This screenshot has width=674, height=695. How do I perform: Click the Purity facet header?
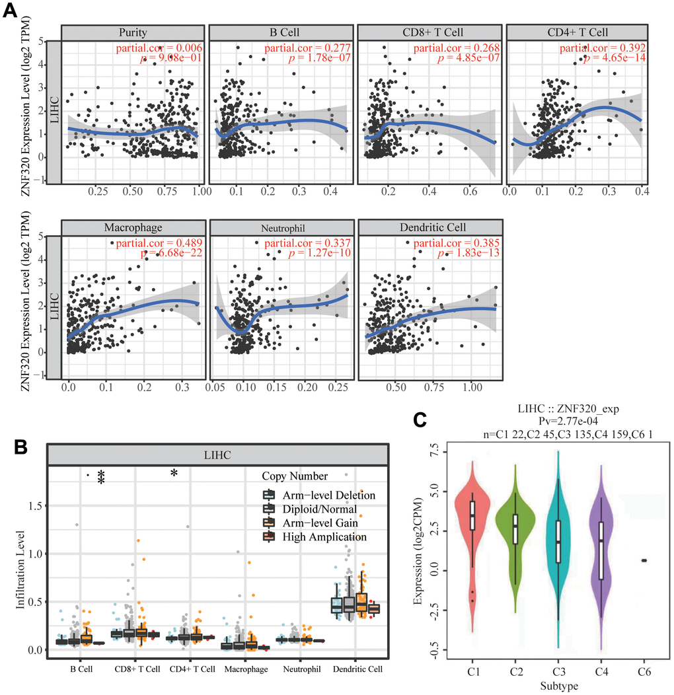(133, 32)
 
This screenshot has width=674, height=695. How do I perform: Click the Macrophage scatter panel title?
(133, 227)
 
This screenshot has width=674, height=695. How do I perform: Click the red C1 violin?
(472, 529)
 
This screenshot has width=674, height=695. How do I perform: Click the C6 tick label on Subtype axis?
(643, 668)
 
